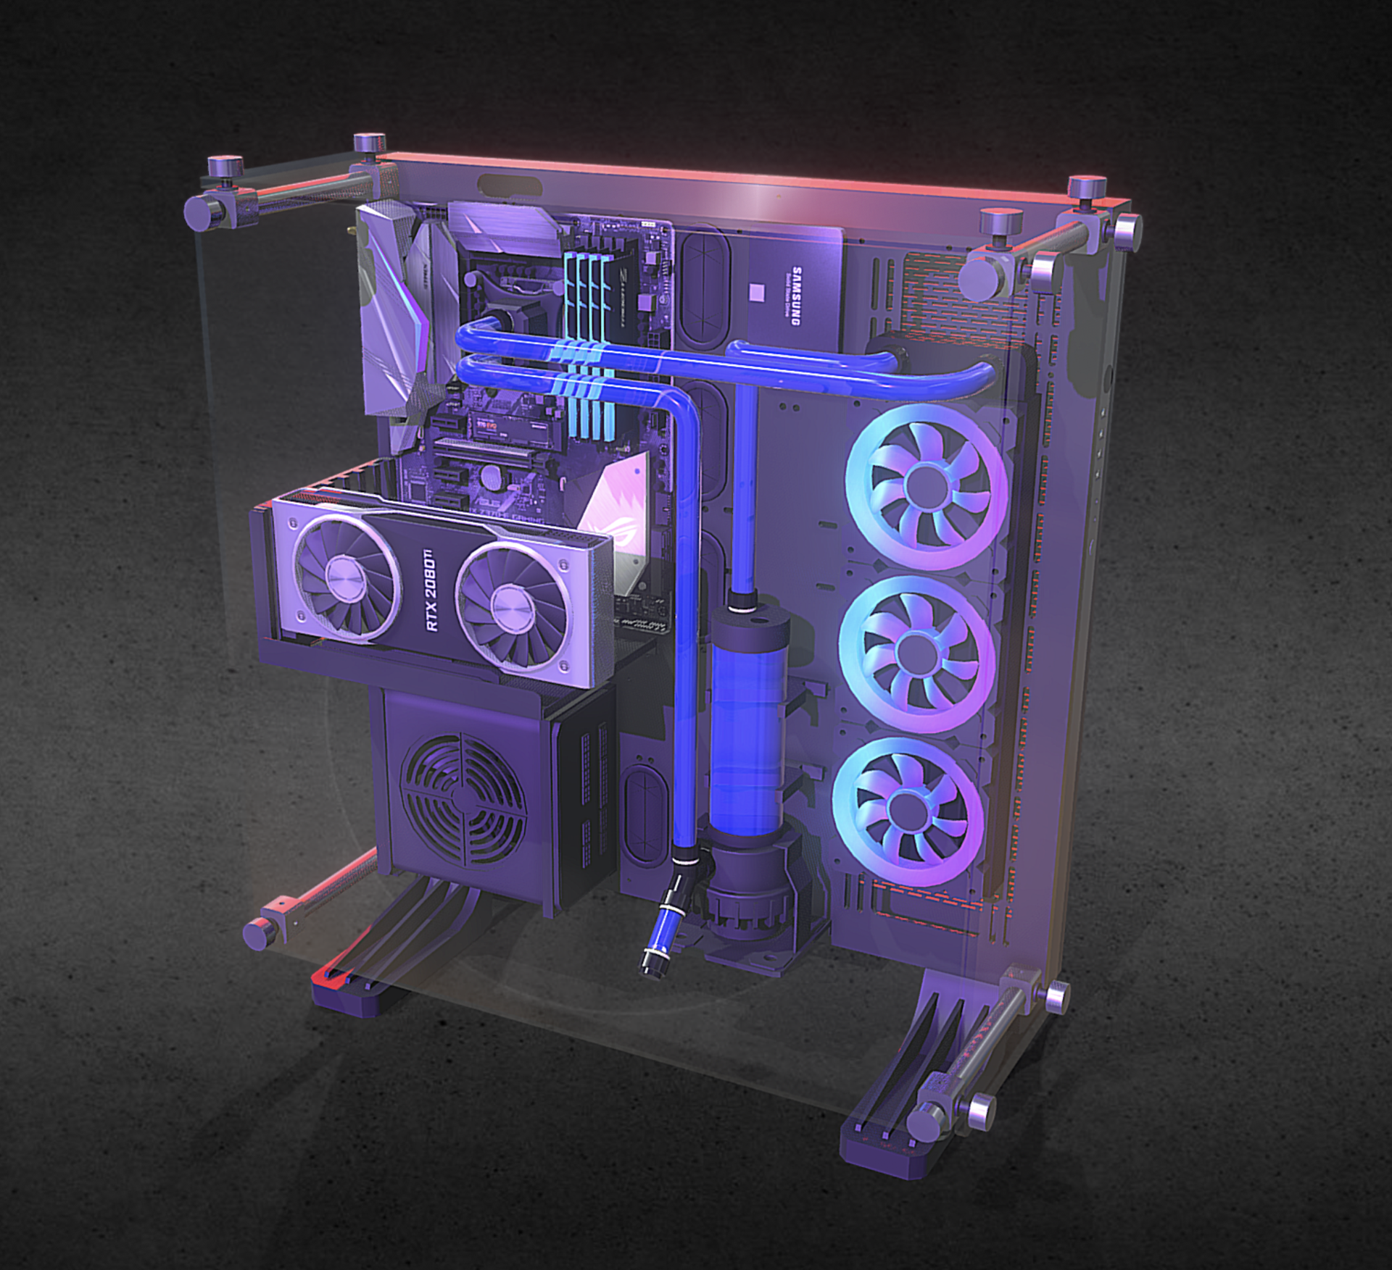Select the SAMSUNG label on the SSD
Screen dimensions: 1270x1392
click(796, 296)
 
